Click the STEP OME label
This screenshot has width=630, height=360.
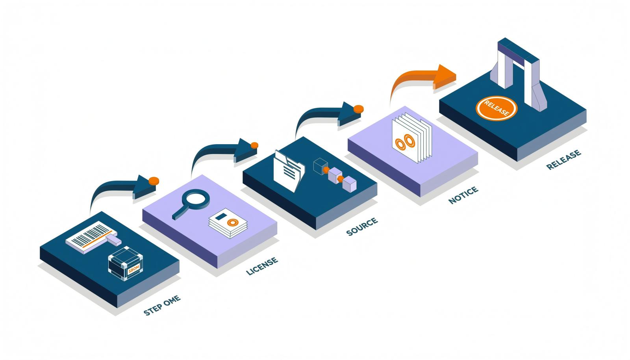(x=162, y=305)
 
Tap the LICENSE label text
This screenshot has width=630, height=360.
(x=262, y=266)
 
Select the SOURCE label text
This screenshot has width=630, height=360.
(x=362, y=226)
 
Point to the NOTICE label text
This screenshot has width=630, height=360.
(x=463, y=195)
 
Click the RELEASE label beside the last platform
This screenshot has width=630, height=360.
(x=563, y=160)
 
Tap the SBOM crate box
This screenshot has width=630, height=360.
(x=126, y=263)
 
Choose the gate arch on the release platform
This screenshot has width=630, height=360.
(x=518, y=74)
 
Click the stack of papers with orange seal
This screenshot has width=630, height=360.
(x=228, y=223)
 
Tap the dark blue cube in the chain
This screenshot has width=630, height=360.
(x=321, y=166)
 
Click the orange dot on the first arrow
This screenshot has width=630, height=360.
(x=154, y=181)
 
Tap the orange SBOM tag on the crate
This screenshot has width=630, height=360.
(x=133, y=269)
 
